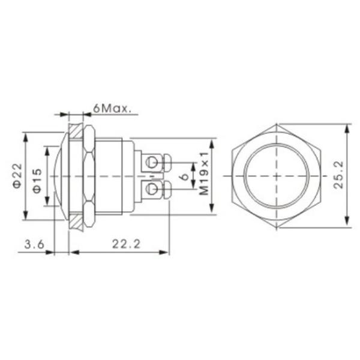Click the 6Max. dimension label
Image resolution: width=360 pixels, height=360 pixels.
click(112, 109)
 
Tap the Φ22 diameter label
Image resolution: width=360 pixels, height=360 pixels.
click(17, 176)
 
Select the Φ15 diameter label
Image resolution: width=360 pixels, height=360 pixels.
click(37, 181)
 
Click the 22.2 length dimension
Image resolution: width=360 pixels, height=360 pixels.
click(126, 244)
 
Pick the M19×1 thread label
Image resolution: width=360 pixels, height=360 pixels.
click(203, 173)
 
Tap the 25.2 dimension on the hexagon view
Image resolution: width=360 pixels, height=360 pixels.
click(338, 175)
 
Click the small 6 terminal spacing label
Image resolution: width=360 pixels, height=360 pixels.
click(184, 176)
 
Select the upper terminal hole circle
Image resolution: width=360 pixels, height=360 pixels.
click(152, 163)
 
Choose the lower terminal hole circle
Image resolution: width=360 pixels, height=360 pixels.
click(152, 189)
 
